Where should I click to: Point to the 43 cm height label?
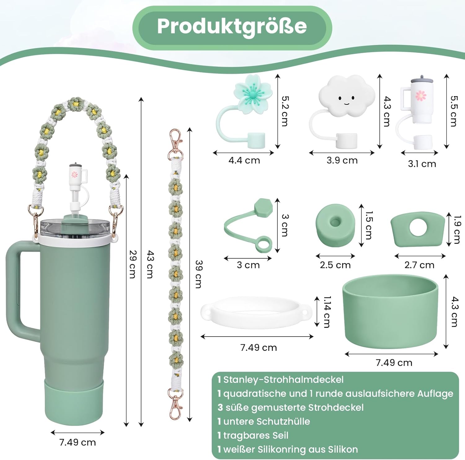[150, 264]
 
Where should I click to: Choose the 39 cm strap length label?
[199, 274]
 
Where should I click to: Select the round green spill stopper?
[335, 225]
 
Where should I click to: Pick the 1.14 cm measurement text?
[327, 312]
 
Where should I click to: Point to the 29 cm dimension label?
[133, 264]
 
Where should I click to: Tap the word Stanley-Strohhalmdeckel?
[283, 380]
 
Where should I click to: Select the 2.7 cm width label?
[419, 265]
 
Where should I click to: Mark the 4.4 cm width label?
[244, 160]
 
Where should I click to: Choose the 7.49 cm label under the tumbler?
[77, 442]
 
